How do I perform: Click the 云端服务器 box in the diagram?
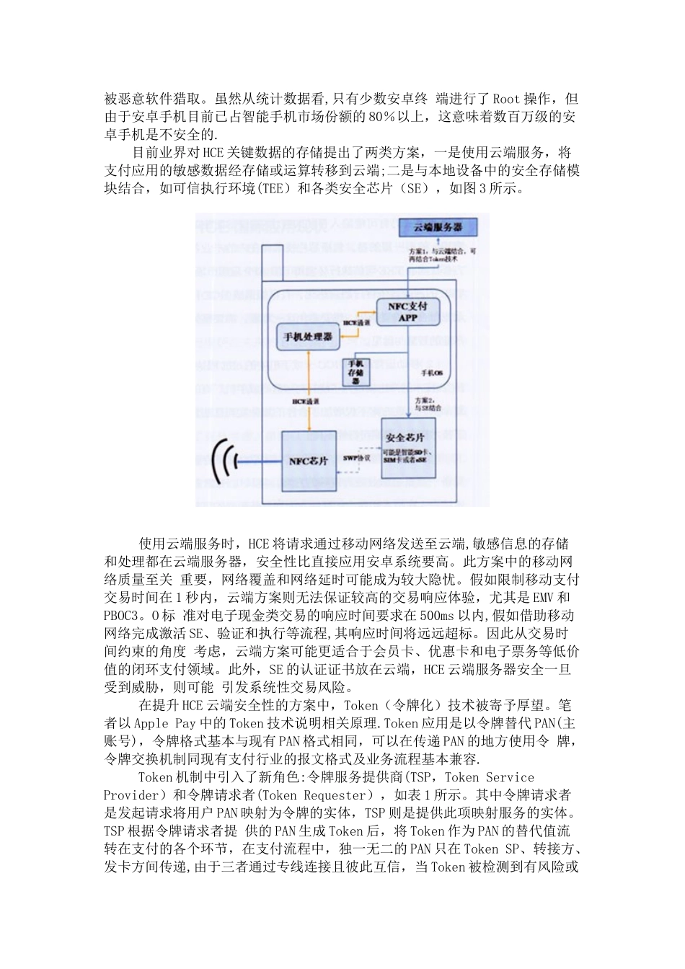437,227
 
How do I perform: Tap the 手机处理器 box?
308,337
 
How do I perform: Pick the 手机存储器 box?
356,371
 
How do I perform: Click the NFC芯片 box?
308,461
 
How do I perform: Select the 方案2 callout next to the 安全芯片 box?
427,403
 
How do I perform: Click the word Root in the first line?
505,99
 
